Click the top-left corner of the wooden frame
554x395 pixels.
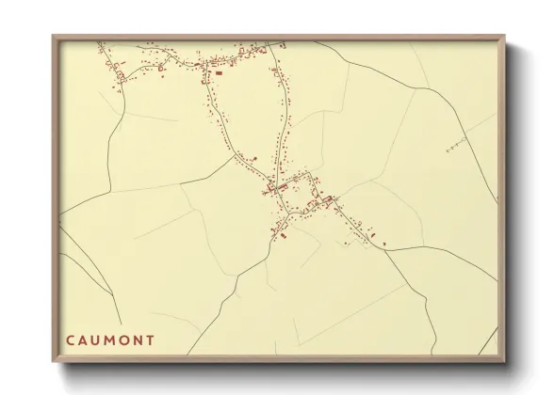54,36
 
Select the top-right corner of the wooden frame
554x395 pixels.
500,36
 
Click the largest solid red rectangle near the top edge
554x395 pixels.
219,72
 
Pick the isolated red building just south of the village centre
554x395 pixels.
280,238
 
